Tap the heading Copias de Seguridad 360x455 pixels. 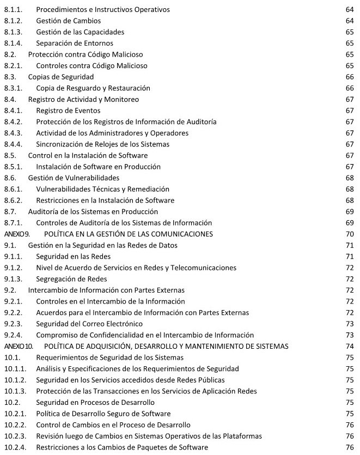pos(61,77)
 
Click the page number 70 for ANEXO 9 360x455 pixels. pos(350,234)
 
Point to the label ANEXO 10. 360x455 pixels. pos(19,346)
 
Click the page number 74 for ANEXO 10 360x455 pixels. pos(350,346)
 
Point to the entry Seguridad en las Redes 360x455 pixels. pos(73,256)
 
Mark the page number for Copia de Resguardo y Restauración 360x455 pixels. pos(350,88)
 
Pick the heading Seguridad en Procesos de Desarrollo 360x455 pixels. pos(95,402)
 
